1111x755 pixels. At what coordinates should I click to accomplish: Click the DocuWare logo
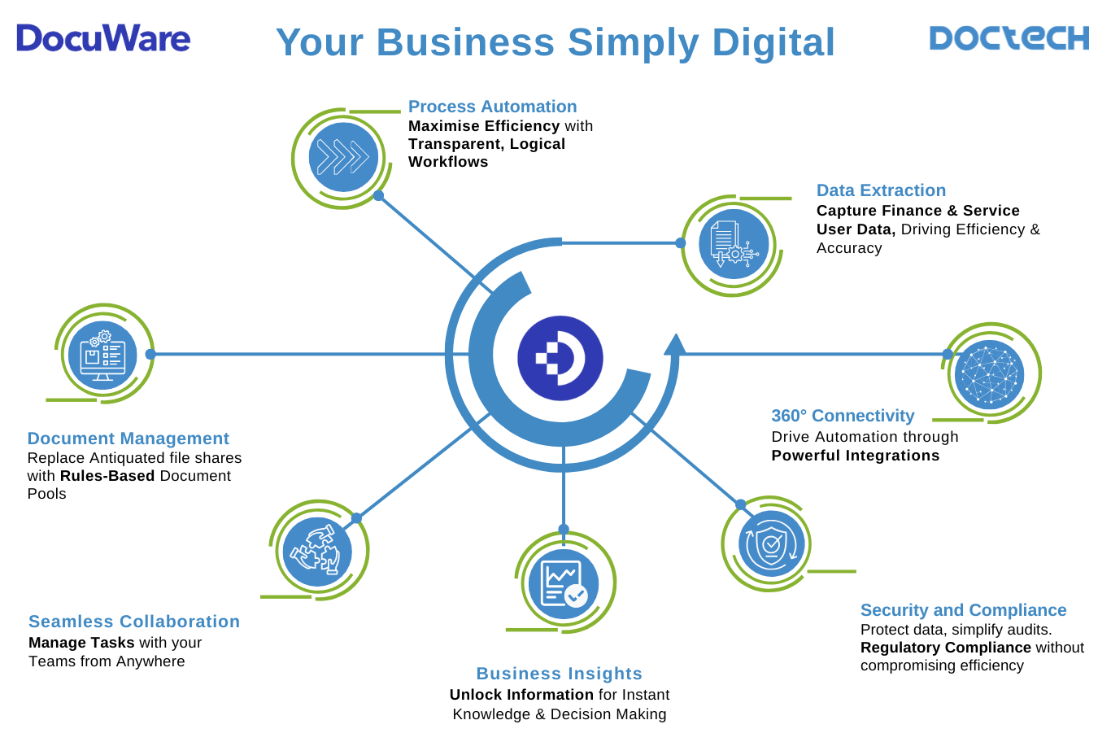[x=103, y=38]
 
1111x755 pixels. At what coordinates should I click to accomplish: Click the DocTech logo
[x=1009, y=38]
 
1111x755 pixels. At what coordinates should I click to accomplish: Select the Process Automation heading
[x=492, y=107]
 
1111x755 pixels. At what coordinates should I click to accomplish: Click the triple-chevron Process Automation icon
[x=343, y=157]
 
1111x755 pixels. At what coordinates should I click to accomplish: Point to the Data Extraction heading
[x=881, y=190]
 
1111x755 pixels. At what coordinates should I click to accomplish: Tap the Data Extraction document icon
[x=734, y=244]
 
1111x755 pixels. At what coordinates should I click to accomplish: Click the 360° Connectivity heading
[x=843, y=416]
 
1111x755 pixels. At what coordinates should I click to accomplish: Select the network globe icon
[x=990, y=374]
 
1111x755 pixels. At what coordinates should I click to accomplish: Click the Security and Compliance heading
[x=963, y=610]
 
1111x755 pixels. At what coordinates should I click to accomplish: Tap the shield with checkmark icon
[x=771, y=543]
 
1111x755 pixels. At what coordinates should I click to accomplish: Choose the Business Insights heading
[x=559, y=674]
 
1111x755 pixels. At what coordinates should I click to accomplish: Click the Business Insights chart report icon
[x=563, y=583]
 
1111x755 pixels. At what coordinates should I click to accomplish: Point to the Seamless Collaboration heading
[x=134, y=622]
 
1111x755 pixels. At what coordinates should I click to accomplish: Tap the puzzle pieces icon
[x=317, y=551]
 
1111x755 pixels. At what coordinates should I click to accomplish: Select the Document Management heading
[x=128, y=439]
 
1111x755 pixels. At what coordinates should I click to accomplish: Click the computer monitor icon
[x=102, y=355]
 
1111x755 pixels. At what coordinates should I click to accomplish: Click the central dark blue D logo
[x=560, y=358]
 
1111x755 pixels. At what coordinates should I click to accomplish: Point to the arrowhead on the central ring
[x=674, y=345]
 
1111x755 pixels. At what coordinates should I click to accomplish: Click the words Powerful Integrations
[x=855, y=456]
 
